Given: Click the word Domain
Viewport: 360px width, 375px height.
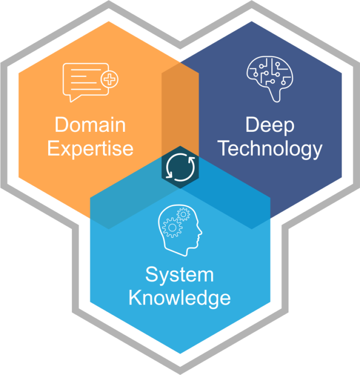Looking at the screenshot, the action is coord(90,125).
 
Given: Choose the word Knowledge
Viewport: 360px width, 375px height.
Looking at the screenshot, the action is coord(180,298).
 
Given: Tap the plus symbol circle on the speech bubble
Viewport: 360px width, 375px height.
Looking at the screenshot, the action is coord(109,79).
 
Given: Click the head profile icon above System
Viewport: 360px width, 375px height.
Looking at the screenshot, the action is coord(180,231).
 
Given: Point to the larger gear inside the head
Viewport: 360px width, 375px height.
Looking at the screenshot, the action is coord(172,228).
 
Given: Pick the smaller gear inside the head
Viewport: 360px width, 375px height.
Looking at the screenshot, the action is coord(183,214).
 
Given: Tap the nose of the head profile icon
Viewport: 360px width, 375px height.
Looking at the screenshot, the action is coord(201,232).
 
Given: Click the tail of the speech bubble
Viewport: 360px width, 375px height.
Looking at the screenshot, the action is coord(74,99).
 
